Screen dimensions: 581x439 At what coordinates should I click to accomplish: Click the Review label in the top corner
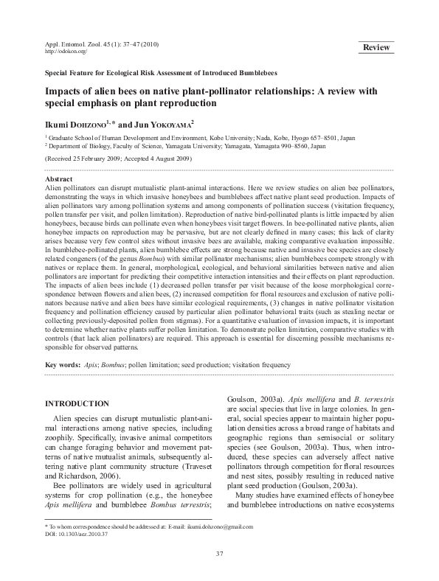click(376, 48)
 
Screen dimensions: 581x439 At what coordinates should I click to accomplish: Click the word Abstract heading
click(59, 179)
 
